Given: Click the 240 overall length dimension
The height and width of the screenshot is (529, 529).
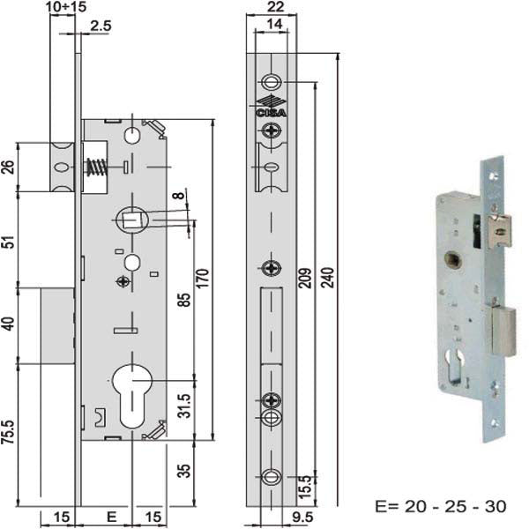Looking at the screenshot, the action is coord(326,278).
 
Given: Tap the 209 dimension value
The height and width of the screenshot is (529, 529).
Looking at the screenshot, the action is coord(305,278).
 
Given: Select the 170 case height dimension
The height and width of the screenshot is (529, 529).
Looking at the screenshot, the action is coord(203,278).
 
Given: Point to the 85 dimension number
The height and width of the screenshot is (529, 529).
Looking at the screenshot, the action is coord(184,300).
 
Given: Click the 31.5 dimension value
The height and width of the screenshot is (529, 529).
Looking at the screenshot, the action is coord(184,406).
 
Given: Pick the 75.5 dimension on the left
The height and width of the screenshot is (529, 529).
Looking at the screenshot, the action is coord(8,432).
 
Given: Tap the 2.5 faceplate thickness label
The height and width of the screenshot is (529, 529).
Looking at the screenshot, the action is coord(101,26).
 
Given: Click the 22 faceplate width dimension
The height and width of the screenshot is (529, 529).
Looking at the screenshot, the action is coord(275,7).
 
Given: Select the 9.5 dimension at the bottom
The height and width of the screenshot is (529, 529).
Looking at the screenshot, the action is coord(302,517).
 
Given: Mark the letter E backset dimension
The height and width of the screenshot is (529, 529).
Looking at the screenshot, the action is coord(111,517).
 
